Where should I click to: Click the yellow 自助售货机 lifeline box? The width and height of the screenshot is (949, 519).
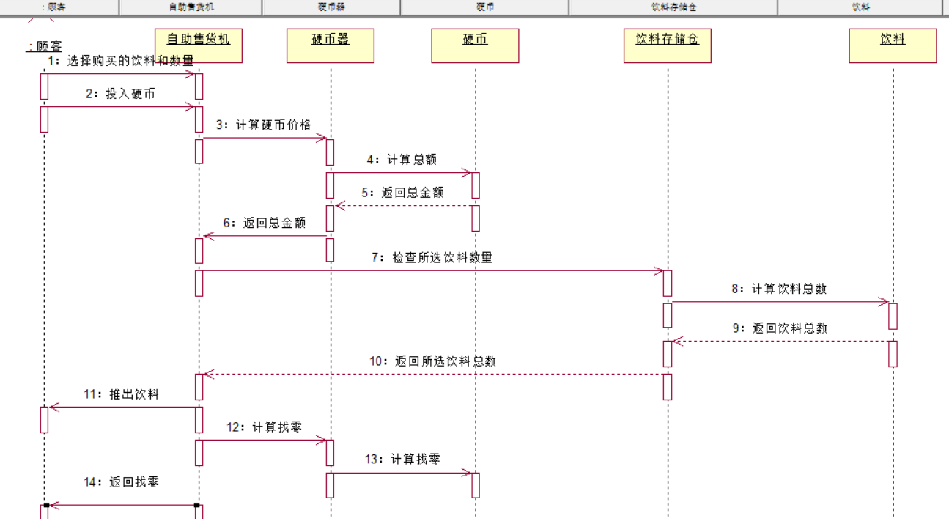pos(198,45)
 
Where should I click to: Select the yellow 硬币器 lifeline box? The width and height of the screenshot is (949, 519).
pos(331,45)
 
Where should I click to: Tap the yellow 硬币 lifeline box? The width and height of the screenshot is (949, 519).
pos(475,45)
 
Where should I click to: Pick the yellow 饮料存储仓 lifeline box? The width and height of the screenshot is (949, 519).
pos(667,45)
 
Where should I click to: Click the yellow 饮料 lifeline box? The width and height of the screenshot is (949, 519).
pos(893,45)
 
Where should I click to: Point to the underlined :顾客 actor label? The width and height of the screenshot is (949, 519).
pos(44,46)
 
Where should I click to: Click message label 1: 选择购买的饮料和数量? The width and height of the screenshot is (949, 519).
pos(121,60)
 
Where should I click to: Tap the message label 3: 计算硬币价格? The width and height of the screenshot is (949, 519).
pos(263,125)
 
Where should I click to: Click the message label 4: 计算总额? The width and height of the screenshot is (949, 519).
pos(402,160)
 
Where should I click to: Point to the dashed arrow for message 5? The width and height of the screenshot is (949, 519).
pos(404,206)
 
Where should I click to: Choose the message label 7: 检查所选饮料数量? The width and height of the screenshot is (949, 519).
pos(432,258)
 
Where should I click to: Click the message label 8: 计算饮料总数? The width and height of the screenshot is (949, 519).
pos(778,289)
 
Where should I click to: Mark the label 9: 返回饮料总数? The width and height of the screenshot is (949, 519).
pos(780,328)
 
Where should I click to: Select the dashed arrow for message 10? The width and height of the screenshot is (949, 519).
pos(432,375)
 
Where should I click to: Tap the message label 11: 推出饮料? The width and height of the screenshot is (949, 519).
pos(121,394)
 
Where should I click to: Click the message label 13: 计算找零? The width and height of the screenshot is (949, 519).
pos(402,460)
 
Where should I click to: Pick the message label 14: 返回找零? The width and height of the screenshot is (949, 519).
pos(121,482)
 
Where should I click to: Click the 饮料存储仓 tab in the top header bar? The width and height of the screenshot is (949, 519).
pos(673,7)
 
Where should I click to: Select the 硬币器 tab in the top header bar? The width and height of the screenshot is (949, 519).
pos(331,7)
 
